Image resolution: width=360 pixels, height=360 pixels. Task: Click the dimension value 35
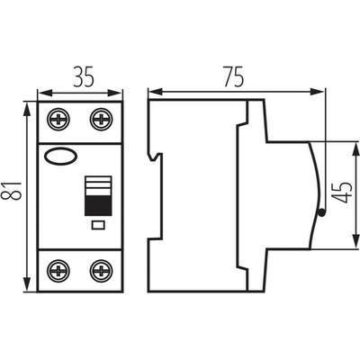[84, 77]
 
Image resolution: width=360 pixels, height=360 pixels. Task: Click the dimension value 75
[233, 76]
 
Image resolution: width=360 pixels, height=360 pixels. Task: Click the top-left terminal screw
[58, 120]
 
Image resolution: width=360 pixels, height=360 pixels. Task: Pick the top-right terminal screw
[102, 120]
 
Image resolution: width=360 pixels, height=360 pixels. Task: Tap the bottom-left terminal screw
[58, 271]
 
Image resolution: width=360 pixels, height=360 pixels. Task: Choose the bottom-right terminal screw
[102, 271]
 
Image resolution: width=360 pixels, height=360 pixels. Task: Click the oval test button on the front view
[60, 156]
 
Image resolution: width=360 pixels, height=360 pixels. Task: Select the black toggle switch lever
[98, 206]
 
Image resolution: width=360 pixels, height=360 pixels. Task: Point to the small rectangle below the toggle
[98, 225]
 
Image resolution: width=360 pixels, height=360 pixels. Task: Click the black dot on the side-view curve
[321, 212]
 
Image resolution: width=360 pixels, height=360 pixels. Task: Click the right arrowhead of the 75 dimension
[317, 92]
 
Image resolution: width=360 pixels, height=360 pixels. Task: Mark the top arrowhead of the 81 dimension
[27, 110]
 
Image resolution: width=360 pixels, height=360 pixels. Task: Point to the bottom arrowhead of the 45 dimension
[356, 240]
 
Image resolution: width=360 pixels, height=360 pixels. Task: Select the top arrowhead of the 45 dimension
[356, 149]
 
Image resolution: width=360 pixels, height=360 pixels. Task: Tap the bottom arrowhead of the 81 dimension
[27, 283]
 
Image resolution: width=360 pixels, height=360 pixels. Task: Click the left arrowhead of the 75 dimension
[156, 92]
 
